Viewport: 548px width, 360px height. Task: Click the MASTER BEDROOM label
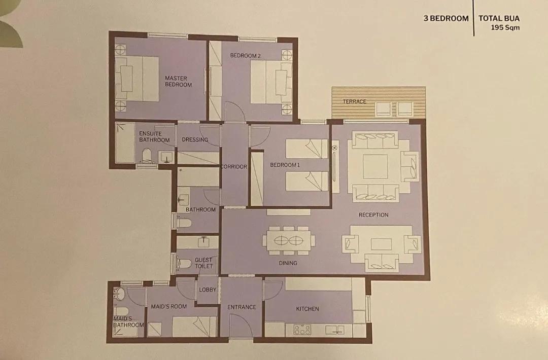(178, 81)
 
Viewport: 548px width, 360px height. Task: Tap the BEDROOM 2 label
(246, 55)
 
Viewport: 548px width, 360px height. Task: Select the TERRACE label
(354, 101)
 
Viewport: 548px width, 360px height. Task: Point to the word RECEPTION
(373, 215)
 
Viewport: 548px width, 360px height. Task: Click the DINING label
(288, 263)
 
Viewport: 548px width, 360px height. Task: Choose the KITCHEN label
(307, 309)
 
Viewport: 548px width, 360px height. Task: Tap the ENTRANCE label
(242, 307)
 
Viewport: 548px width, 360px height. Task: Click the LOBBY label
(208, 290)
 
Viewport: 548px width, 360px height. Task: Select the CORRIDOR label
(234, 166)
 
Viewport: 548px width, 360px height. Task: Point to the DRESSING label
(195, 139)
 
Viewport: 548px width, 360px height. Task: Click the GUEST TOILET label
(203, 263)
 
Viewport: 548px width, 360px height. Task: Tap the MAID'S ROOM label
(169, 306)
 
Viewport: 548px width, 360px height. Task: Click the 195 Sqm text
(505, 27)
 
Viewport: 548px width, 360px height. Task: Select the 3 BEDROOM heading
(446, 18)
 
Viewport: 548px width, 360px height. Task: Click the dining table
(289, 240)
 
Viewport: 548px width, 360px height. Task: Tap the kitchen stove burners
(302, 330)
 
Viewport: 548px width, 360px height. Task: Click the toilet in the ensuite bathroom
(147, 156)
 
